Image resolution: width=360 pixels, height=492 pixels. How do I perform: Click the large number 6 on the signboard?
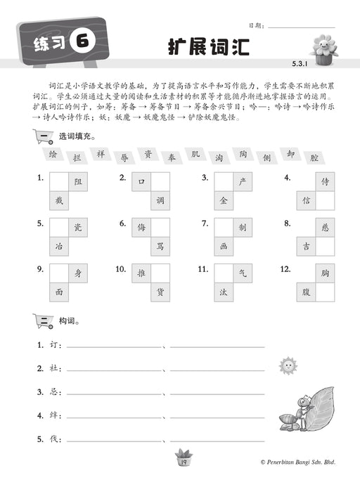[x=82, y=43]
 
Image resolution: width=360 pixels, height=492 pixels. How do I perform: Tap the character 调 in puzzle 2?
[x=160, y=200]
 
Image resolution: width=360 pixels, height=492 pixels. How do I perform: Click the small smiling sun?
[x=285, y=365]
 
